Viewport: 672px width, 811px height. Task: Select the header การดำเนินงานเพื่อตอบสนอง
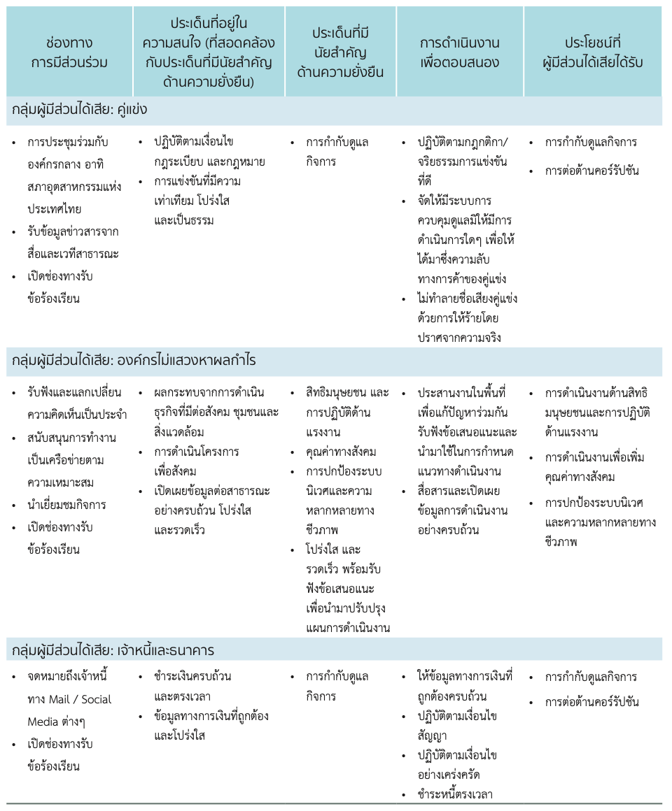point(459,52)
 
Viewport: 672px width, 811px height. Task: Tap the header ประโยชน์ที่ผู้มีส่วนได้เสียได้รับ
point(593,52)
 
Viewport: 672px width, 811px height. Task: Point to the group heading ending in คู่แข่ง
point(79,110)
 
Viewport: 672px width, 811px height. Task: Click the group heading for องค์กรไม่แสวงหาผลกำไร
point(134,361)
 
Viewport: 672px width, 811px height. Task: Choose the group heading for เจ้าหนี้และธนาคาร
point(113,649)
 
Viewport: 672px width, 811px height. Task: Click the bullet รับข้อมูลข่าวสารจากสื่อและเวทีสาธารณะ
point(73,241)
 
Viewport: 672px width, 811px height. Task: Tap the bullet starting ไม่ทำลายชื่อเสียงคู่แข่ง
point(465,318)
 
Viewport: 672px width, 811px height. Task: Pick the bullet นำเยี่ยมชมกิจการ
point(67,505)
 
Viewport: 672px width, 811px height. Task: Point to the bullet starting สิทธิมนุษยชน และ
point(346,403)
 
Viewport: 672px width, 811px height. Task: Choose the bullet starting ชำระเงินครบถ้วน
point(192,686)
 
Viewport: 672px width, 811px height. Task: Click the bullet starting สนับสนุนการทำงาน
point(71,460)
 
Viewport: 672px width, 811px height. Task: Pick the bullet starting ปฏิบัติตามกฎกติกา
point(464,152)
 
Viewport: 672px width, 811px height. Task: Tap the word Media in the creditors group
point(43,722)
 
